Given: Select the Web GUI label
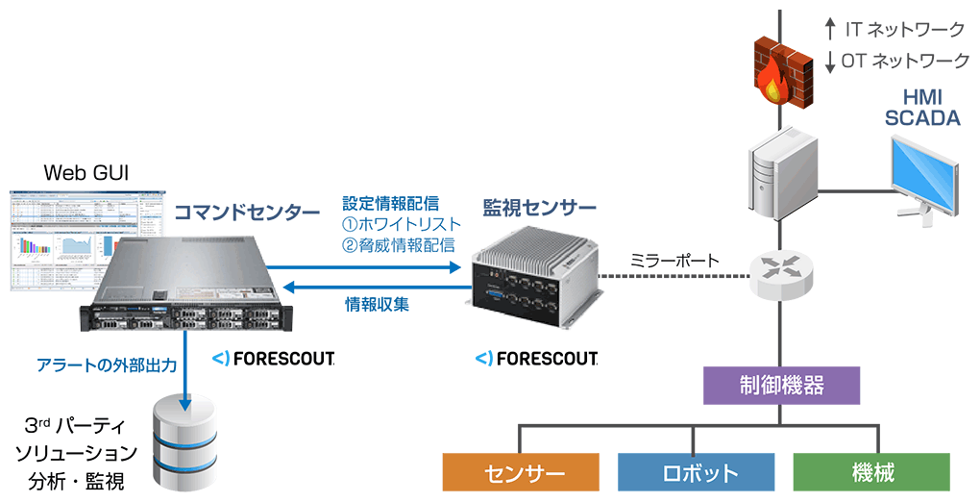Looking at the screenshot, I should [86, 174].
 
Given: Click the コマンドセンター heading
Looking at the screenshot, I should [245, 212].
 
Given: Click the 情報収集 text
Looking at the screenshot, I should [377, 305].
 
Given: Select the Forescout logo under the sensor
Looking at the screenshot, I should [537, 359].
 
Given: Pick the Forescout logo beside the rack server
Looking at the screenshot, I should [273, 359].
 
